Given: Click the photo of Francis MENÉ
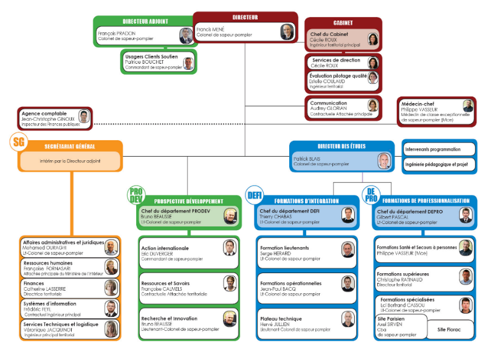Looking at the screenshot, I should pyautogui.click(x=286, y=32).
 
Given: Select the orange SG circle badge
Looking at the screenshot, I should pyautogui.click(x=19, y=143).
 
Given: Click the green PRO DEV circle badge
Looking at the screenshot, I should pyautogui.click(x=136, y=194).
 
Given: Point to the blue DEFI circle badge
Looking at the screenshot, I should pyautogui.click(x=255, y=195).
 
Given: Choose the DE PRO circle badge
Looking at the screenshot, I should pyautogui.click(x=370, y=194).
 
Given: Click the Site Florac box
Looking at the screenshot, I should pyautogui.click(x=449, y=330).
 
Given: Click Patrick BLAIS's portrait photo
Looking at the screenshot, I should pyautogui.click(x=383, y=161).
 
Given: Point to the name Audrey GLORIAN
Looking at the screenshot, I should pyautogui.click(x=329, y=109).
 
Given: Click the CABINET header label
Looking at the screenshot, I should pyautogui.click(x=343, y=23).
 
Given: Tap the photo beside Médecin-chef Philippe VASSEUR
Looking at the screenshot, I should pyautogui.click(x=467, y=106).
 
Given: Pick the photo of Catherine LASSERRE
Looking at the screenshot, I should pyautogui.click(x=111, y=287).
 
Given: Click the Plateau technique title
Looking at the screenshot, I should pyautogui.click(x=281, y=318).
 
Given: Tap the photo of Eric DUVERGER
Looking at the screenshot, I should pyautogui.click(x=229, y=248).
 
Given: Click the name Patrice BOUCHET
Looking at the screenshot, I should pyautogui.click(x=145, y=62).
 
